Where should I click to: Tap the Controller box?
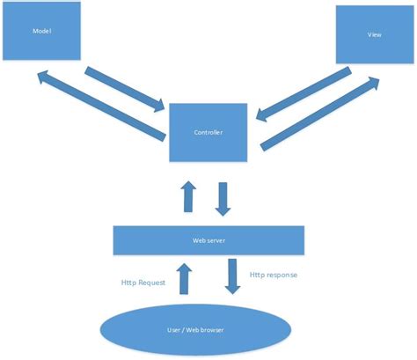coord(208,132)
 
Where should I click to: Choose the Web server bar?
coord(208,239)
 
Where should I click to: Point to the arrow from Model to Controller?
coord(124,89)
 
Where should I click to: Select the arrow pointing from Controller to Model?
coord(102,107)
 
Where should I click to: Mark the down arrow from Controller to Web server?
coord(223,199)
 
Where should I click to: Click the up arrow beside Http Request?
coord(185,277)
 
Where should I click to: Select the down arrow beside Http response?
coord(232,276)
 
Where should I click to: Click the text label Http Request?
coord(144,283)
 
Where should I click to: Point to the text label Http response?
coord(273,275)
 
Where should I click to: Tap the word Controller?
coord(208,133)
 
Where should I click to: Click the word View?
coord(373,36)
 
